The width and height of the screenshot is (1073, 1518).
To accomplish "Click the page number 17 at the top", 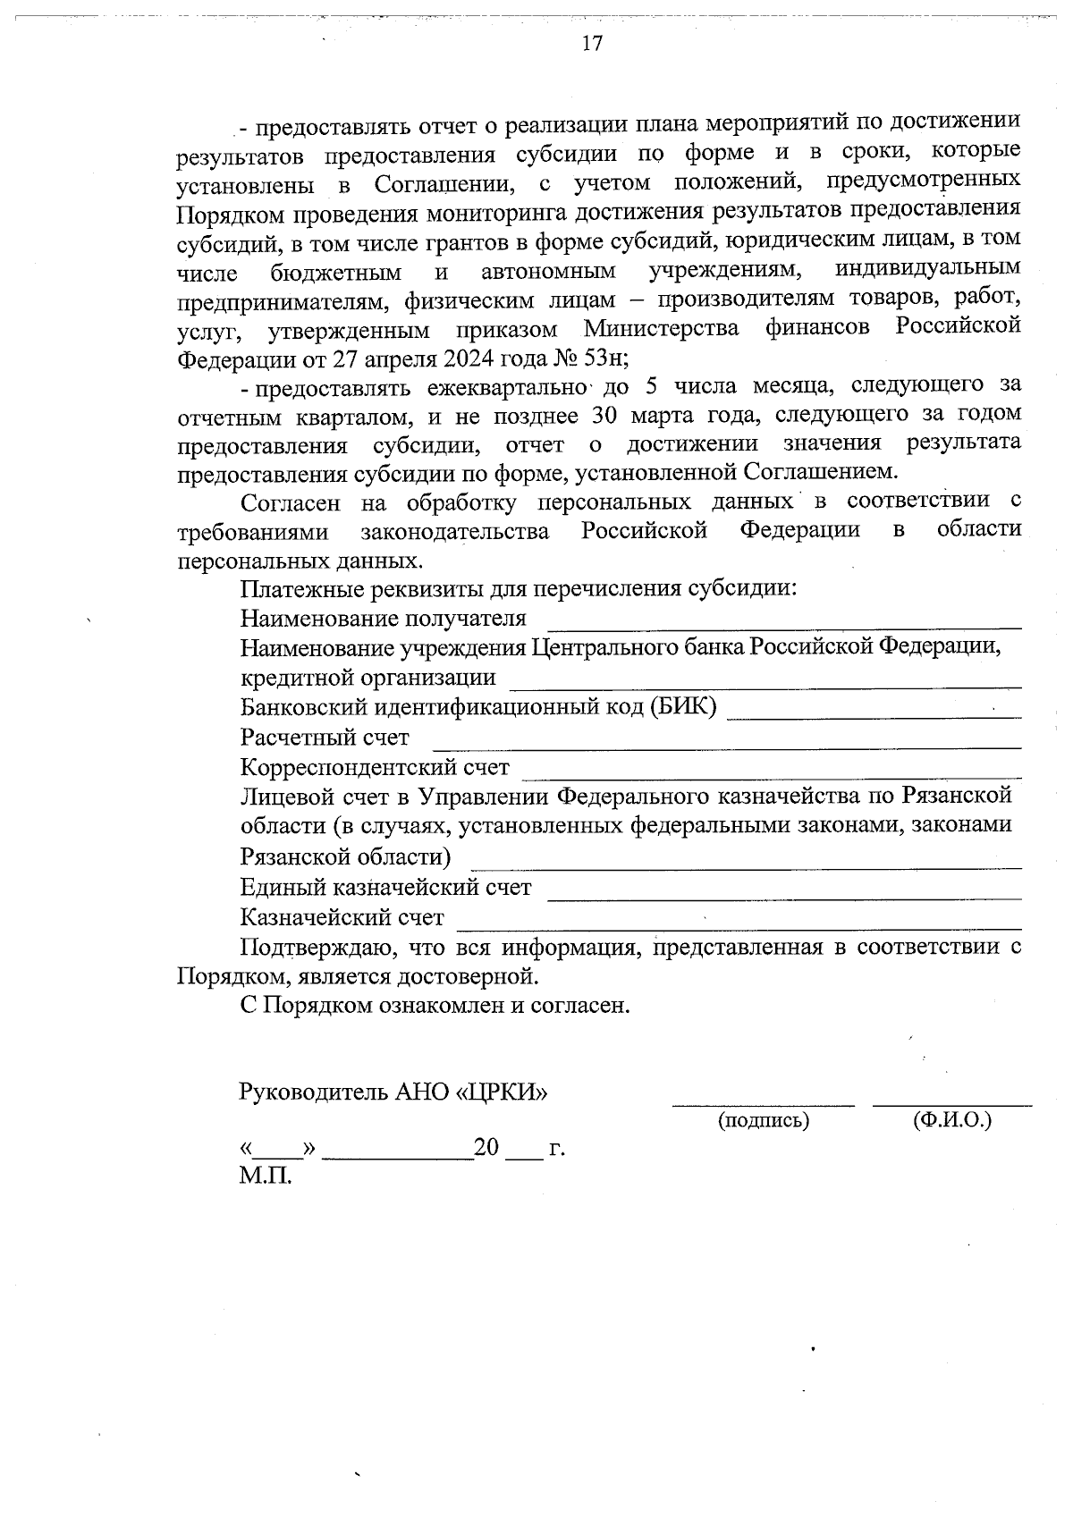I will (x=592, y=44).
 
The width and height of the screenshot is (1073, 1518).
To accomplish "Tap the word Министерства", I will (x=662, y=328).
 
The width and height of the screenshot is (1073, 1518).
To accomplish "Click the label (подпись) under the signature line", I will (x=764, y=1120).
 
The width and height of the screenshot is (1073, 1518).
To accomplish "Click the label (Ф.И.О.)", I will (x=952, y=1120).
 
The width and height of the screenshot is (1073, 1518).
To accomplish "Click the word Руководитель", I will (x=313, y=1092).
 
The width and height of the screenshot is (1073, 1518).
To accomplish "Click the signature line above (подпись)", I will (x=763, y=1105).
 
